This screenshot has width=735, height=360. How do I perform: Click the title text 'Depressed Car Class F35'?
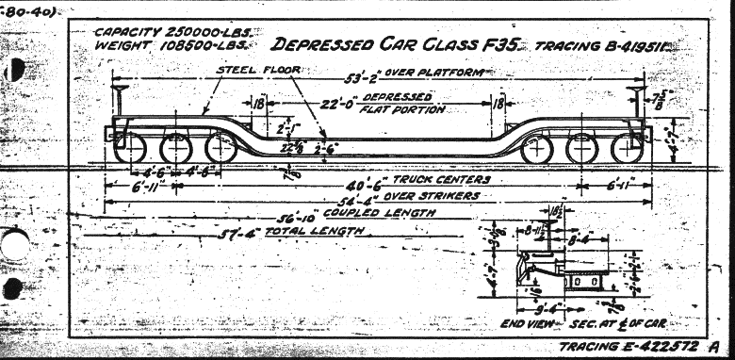(x=395, y=45)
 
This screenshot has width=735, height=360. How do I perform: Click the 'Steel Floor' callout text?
(x=252, y=70)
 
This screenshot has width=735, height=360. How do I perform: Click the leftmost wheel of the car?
(x=133, y=148)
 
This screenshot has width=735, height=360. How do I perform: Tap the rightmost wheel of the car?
(x=627, y=148)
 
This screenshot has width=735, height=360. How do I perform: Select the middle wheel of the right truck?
(x=581, y=148)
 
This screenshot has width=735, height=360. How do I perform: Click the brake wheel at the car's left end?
(x=120, y=90)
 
